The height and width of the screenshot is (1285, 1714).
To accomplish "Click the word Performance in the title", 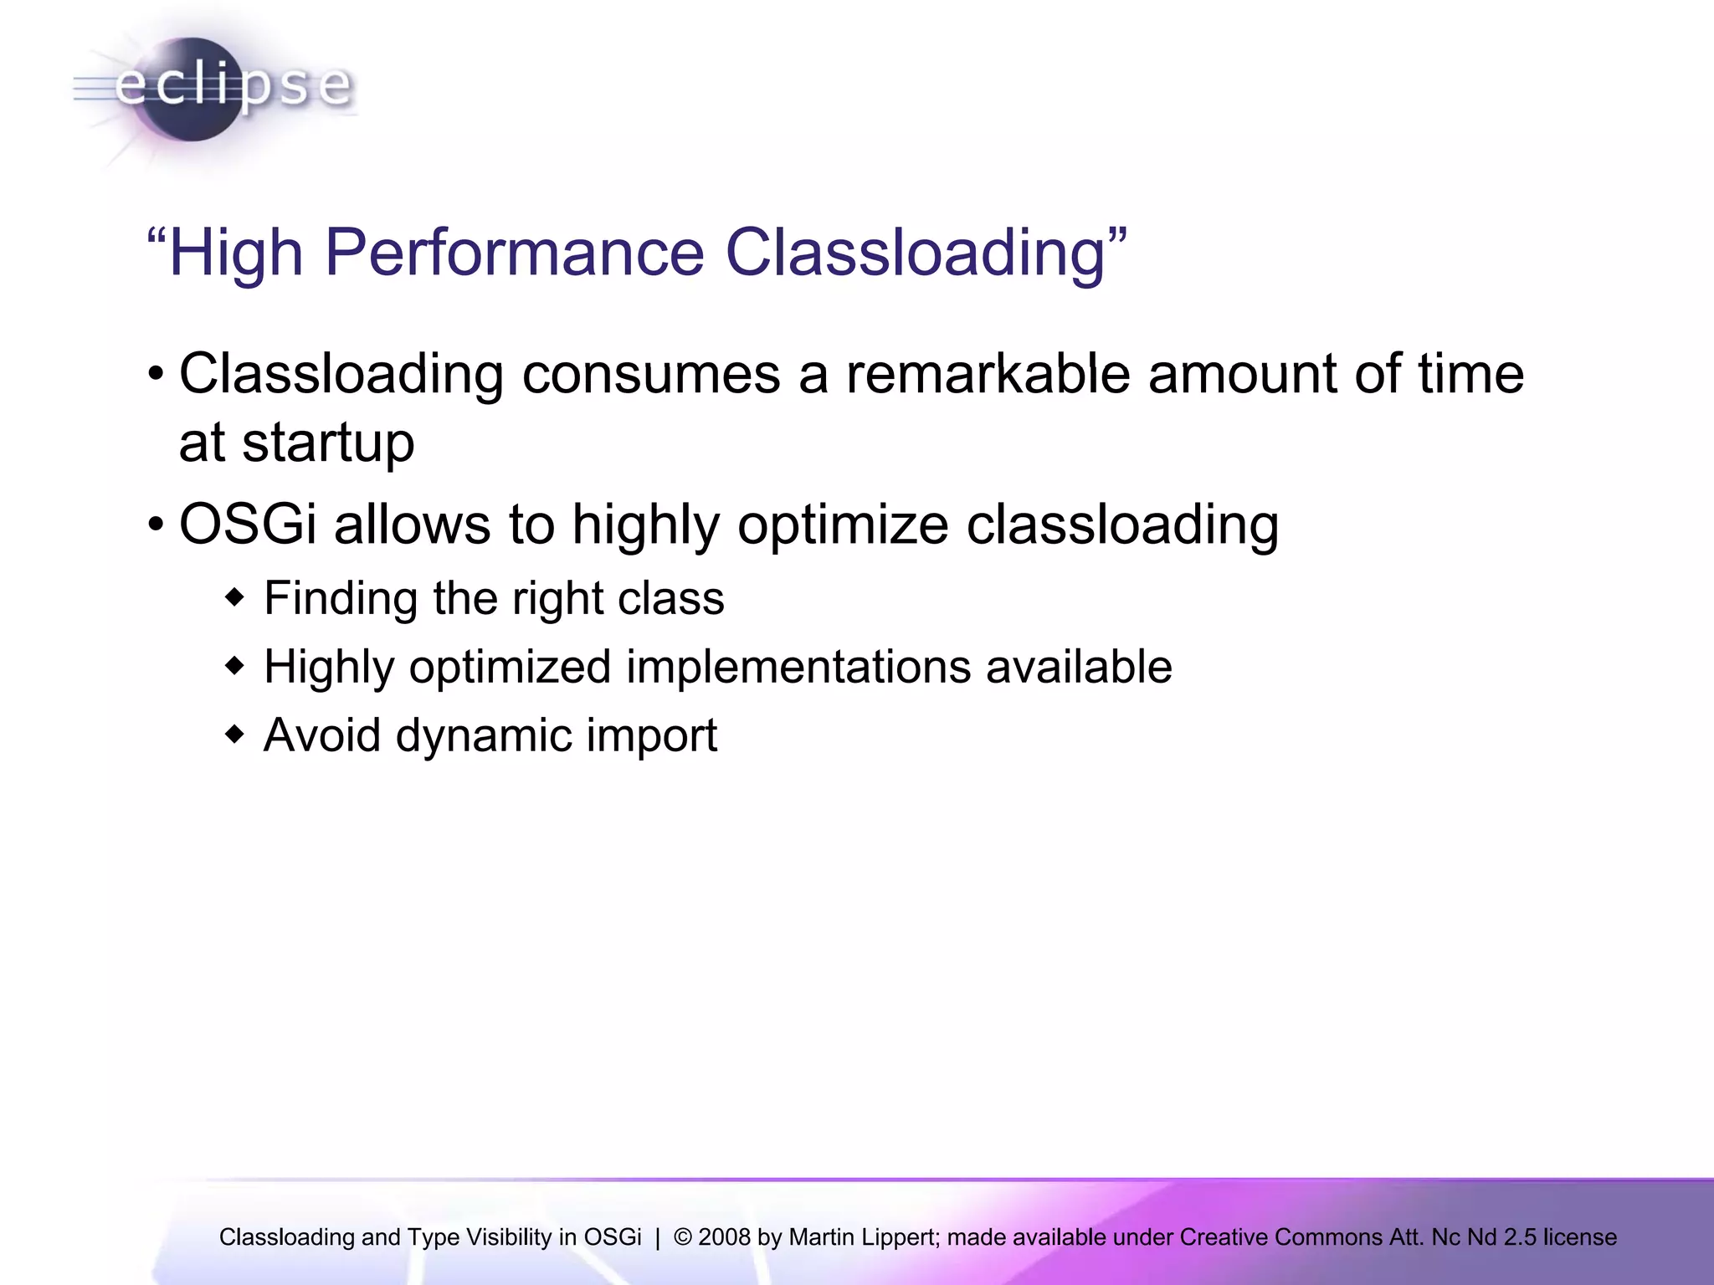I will coord(514,252).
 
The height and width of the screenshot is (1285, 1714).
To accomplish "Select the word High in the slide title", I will coord(235,253).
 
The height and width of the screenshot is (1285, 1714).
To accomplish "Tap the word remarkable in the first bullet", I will coord(988,373).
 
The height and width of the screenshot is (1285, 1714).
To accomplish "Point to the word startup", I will coord(328,443).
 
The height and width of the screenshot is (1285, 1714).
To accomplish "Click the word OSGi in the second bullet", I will coord(248,525).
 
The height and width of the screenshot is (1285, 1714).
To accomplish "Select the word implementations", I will coord(798,668).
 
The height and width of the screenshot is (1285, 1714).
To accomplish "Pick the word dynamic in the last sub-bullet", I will coord(483,736).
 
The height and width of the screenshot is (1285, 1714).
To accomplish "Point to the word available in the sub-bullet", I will coord(1079,667).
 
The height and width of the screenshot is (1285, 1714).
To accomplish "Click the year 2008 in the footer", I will coord(724,1237).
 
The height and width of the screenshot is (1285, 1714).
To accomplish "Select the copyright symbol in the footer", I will coord(682,1237).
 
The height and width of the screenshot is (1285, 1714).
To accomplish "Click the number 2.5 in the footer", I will coord(1520,1237).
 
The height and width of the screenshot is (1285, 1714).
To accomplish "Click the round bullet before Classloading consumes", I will coord(156,374).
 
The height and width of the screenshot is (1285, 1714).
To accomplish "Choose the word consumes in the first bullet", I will coord(651,375).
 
